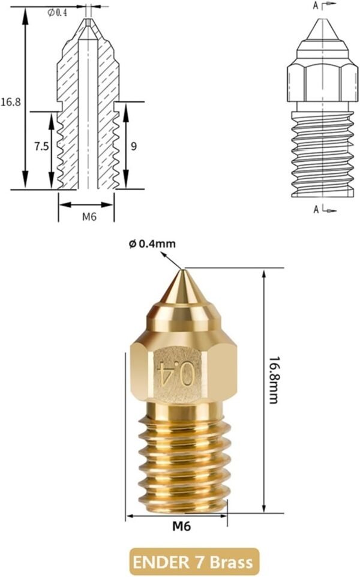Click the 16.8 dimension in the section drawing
tap(11, 102)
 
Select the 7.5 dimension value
tap(41, 146)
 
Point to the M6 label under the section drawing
tap(89, 217)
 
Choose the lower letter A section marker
tap(316, 209)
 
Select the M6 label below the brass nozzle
tap(181, 527)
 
